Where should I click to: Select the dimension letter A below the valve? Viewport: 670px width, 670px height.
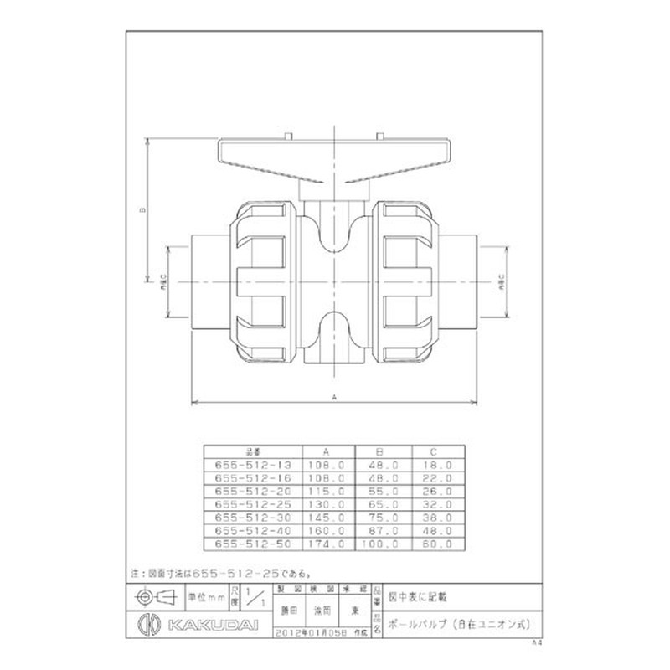click(x=335, y=399)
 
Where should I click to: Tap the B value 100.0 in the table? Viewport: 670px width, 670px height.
click(x=381, y=542)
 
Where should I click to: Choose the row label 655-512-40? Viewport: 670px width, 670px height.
click(x=246, y=530)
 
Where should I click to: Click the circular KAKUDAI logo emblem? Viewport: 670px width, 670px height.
click(x=145, y=625)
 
